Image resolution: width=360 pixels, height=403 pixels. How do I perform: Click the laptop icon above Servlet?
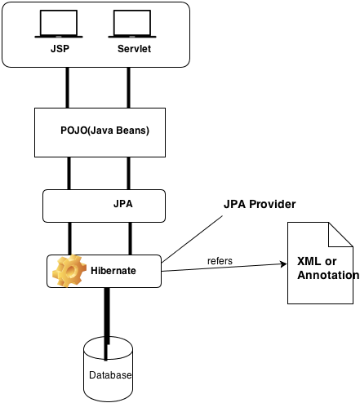134,24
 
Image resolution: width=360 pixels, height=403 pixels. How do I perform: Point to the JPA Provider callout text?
260,202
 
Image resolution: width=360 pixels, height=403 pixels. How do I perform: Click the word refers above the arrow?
219,261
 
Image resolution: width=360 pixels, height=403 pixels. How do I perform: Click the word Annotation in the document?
327,276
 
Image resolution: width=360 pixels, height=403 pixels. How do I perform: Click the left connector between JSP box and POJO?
68,86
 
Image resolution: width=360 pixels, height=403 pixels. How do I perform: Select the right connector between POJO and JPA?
128,173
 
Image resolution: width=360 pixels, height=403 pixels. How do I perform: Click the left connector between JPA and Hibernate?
68,237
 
